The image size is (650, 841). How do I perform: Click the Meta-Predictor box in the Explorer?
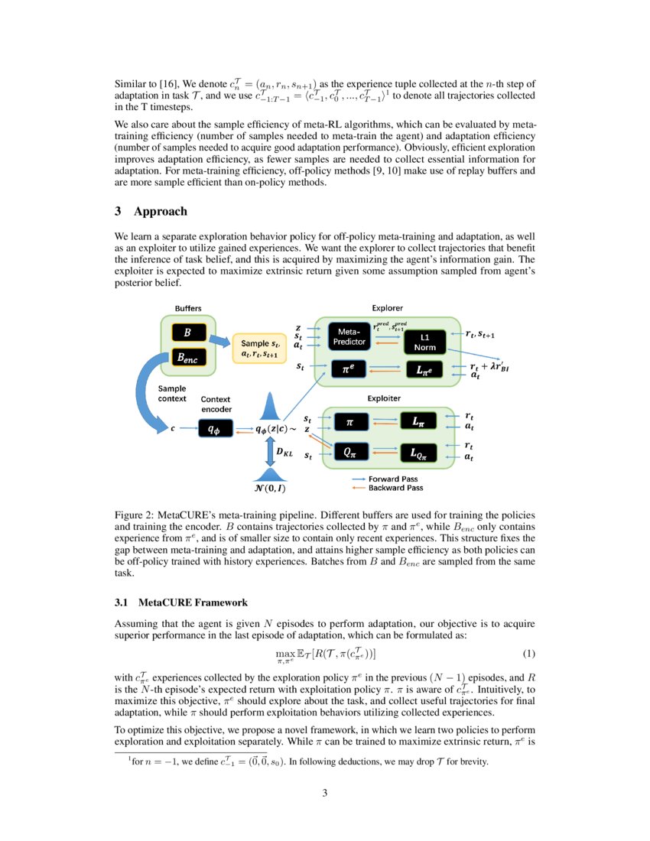coord(349,336)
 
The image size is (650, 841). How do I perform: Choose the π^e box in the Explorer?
coord(349,369)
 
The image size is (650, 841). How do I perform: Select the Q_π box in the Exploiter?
coord(349,453)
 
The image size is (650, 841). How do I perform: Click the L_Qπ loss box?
coord(418,453)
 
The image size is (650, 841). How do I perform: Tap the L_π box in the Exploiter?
coord(418,420)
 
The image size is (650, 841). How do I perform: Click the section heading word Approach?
coord(160,211)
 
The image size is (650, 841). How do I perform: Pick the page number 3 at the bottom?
coord(325,793)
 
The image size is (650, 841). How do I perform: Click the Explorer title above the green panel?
coord(387,308)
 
